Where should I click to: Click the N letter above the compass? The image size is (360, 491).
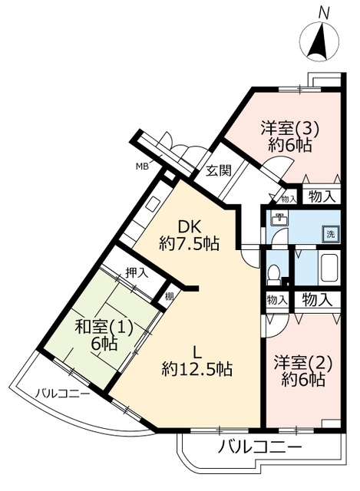pyautogui.click(x=324, y=14)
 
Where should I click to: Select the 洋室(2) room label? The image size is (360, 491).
pyautogui.click(x=303, y=363)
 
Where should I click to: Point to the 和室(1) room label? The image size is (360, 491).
pyautogui.click(x=104, y=328)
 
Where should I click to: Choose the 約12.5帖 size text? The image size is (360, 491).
pyautogui.click(x=197, y=369)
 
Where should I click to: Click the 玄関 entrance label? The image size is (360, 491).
pyautogui.click(x=219, y=170)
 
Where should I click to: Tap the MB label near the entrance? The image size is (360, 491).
pyautogui.click(x=142, y=166)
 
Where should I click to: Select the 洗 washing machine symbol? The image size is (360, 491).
pyautogui.click(x=331, y=234)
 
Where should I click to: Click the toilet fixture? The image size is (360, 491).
pyautogui.click(x=275, y=273)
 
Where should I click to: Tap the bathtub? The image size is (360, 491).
pyautogui.click(x=329, y=268)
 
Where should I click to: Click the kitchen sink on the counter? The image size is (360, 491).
pyautogui.click(x=153, y=205)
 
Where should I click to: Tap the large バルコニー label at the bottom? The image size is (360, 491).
pyautogui.click(x=259, y=447)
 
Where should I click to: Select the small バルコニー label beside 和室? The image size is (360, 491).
pyautogui.click(x=63, y=393)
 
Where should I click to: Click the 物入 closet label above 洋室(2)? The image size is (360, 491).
pyautogui.click(x=317, y=300)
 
